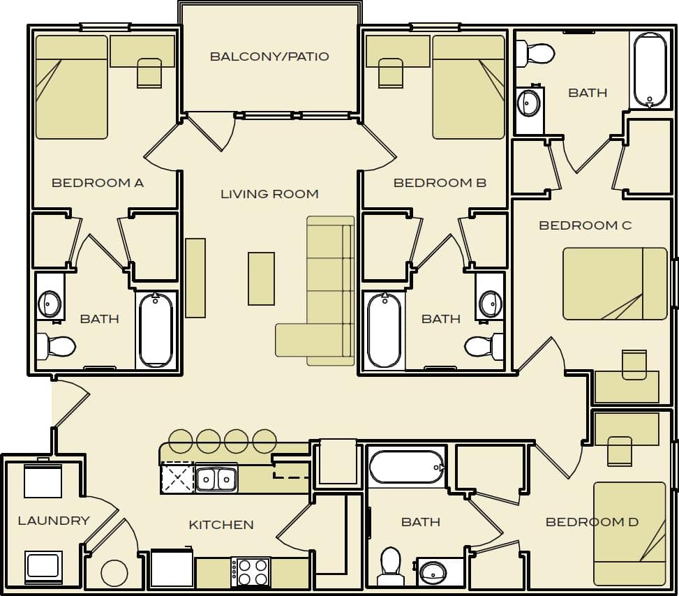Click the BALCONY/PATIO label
pyautogui.click(x=269, y=57)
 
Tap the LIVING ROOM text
pyautogui.click(x=269, y=194)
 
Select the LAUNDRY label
pyautogui.click(x=54, y=521)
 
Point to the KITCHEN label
pyautogui.click(x=221, y=525)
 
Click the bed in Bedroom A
pyautogui.click(x=71, y=87)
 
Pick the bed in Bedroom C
pyautogui.click(x=615, y=283)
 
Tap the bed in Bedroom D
pyautogui.click(x=629, y=533)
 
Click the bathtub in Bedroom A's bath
pyautogui.click(x=156, y=330)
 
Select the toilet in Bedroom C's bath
pyautogui.click(x=535, y=53)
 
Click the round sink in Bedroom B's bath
pyautogui.click(x=491, y=304)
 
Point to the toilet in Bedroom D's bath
pyautogui.click(x=390, y=565)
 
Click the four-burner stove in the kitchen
pyautogui.click(x=251, y=572)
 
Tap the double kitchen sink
pyautogui.click(x=216, y=479)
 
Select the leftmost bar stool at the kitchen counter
pyautogui.click(x=181, y=441)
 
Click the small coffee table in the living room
pyautogui.click(x=261, y=278)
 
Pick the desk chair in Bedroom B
pyautogui.click(x=391, y=73)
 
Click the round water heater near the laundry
pyautogui.click(x=114, y=573)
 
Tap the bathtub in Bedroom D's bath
pyautogui.click(x=406, y=467)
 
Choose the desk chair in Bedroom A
pyautogui.click(x=149, y=73)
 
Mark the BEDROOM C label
pyautogui.click(x=585, y=225)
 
